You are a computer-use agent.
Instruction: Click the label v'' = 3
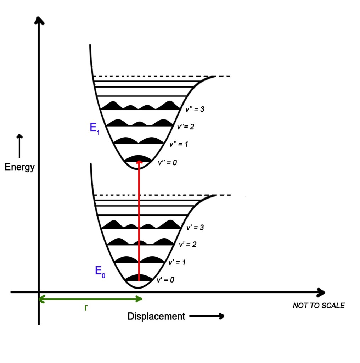[x=195, y=109]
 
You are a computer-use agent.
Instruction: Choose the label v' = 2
[x=188, y=245]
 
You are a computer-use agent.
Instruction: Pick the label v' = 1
[x=177, y=263]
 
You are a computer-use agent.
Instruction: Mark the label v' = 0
[x=165, y=280]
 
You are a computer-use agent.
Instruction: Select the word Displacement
[x=156, y=316]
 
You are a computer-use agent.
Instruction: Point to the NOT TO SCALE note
[x=319, y=306]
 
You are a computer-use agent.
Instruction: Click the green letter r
[x=86, y=307]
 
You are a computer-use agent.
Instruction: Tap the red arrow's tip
[x=139, y=161]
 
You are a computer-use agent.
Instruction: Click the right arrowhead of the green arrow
[x=139, y=299]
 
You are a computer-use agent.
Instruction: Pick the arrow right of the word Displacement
[x=207, y=316]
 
